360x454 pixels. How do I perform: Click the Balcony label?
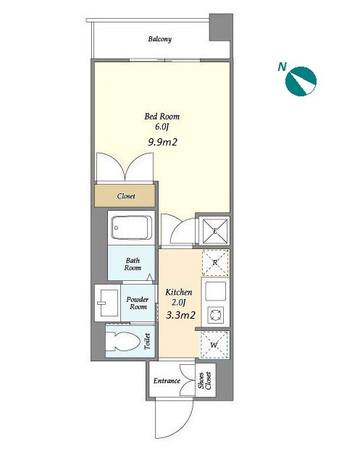pos(160,39)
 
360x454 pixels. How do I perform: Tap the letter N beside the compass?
pos(282,67)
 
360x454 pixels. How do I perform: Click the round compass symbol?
pos(301,81)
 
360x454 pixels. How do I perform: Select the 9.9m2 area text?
pos(162,142)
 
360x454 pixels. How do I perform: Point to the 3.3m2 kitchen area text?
pos(180,315)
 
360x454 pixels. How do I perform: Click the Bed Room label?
pos(162,117)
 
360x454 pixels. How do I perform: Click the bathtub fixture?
pos(132,227)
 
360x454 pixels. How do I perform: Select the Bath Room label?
pos(133,264)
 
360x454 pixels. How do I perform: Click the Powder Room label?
pos(138,303)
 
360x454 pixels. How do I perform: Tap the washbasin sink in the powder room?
pos(109,303)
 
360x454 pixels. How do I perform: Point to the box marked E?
pos(215,231)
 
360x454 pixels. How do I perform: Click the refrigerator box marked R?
pos(215,263)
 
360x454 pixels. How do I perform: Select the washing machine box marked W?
pos(214,345)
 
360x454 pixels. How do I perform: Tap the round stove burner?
pos(215,315)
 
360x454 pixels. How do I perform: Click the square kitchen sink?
pos(215,291)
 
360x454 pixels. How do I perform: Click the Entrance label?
pos(167,381)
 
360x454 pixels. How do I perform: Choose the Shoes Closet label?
pos(205,380)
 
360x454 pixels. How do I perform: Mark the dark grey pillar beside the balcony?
pos(221,28)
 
